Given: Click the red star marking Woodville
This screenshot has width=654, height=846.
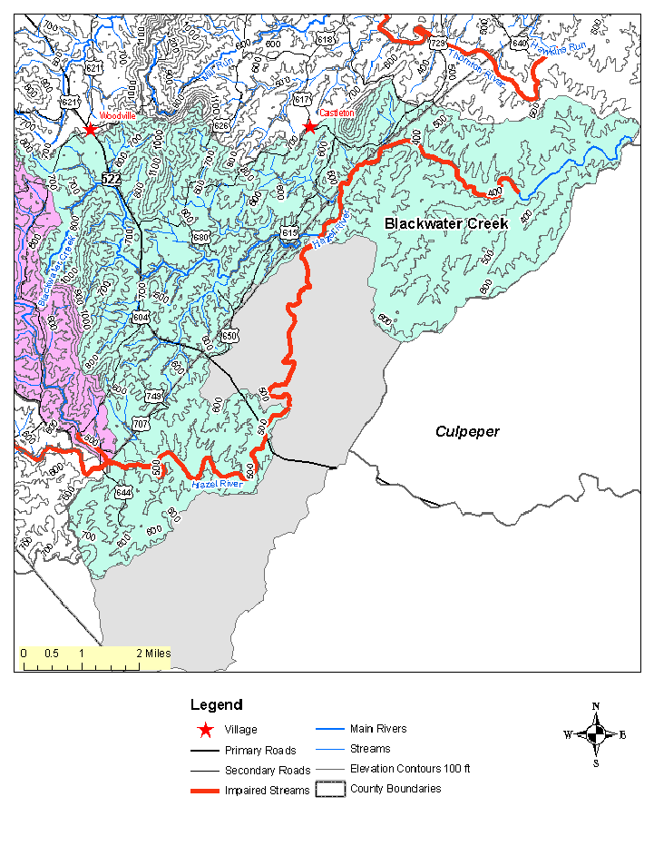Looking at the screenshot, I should (90, 130).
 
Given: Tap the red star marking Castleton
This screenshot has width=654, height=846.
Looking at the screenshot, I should (310, 127).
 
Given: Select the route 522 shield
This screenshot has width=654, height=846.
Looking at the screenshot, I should (112, 180).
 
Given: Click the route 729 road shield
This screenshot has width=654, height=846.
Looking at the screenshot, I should (437, 44).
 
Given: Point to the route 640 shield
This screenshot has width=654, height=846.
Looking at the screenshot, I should (519, 43).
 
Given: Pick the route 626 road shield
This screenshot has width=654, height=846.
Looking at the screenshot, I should (221, 125).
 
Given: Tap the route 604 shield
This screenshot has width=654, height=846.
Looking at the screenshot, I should (141, 317).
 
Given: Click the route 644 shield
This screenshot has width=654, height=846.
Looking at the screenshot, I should (123, 492).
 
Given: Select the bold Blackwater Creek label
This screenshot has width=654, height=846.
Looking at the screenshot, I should (446, 223).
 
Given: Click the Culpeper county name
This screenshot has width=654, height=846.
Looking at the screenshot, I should (466, 432).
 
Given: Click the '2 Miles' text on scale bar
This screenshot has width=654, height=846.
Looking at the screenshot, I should (153, 654).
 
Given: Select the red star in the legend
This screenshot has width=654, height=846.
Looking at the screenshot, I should (207, 729).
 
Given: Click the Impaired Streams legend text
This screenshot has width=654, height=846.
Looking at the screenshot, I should (267, 791).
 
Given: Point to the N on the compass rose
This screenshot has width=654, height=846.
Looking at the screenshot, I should (596, 706).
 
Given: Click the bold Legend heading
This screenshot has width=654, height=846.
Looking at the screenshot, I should (216, 704).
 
